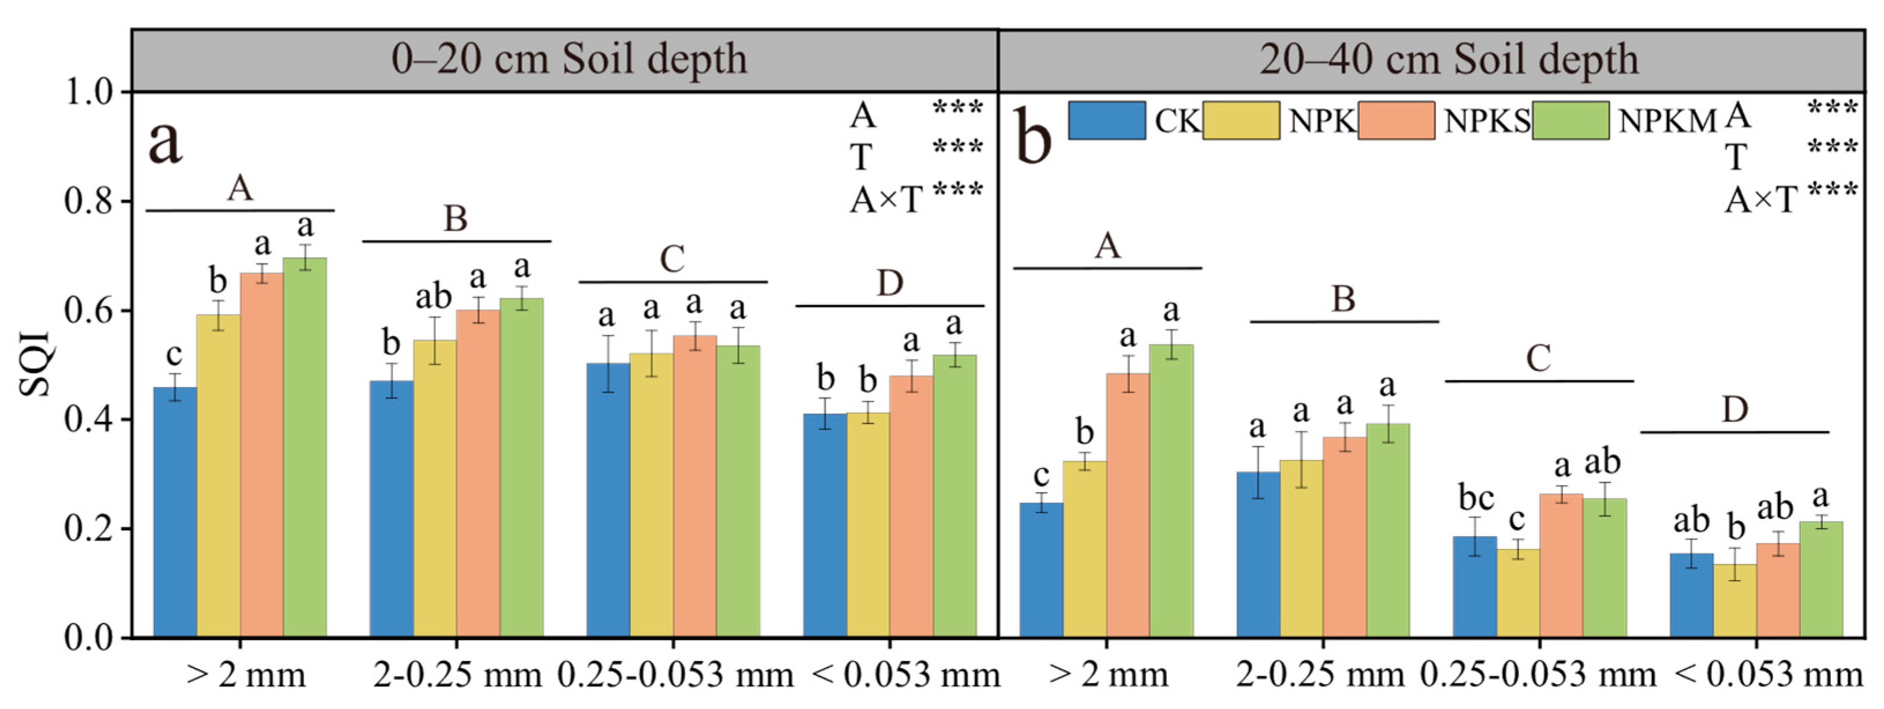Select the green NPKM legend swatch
(x=1570, y=121)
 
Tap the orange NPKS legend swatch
(x=1396, y=121)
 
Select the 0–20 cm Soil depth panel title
(x=568, y=60)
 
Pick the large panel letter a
(x=165, y=143)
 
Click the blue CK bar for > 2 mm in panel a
(x=175, y=512)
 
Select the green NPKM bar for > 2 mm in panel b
(x=1171, y=490)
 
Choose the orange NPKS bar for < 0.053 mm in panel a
(x=911, y=506)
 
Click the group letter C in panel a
(x=672, y=259)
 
